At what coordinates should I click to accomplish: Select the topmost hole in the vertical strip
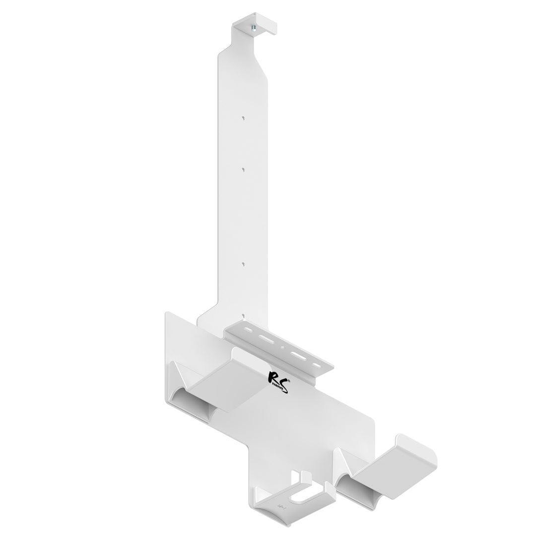(243, 118)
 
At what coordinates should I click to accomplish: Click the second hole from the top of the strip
(243, 169)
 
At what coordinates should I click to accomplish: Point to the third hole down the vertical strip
(243, 265)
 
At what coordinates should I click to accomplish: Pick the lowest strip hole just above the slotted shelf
(243, 315)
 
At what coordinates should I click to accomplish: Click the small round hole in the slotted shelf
(283, 347)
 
